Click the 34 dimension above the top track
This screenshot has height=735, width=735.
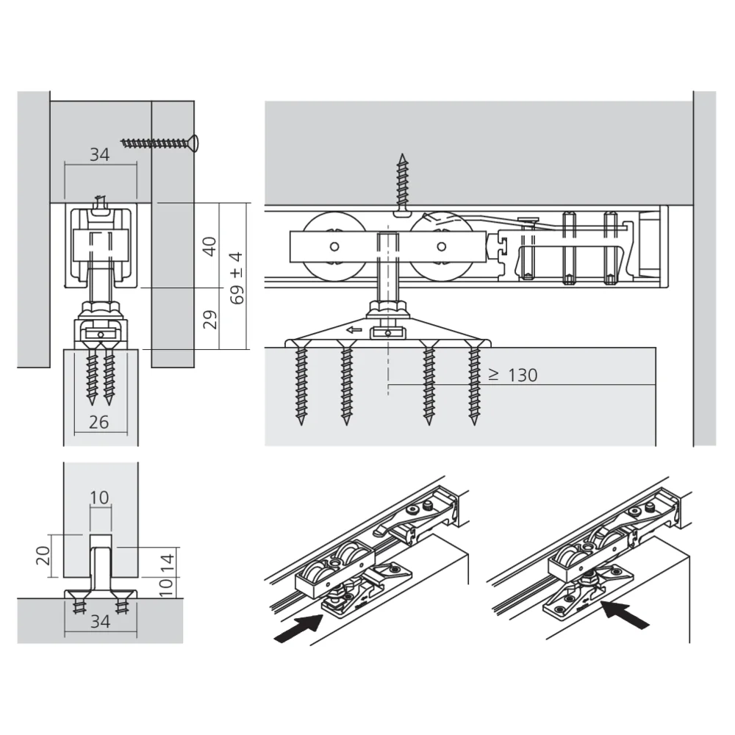click(100, 154)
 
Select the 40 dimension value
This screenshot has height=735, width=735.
click(210, 246)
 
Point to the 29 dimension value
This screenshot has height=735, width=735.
click(210, 319)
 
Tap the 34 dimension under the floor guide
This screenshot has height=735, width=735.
click(100, 623)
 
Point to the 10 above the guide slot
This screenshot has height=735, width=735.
click(100, 498)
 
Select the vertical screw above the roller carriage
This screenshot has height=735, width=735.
click(401, 184)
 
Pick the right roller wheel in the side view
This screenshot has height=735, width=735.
click(441, 246)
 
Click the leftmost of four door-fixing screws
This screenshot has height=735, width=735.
click(300, 382)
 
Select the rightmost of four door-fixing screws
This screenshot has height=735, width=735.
click(475, 382)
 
